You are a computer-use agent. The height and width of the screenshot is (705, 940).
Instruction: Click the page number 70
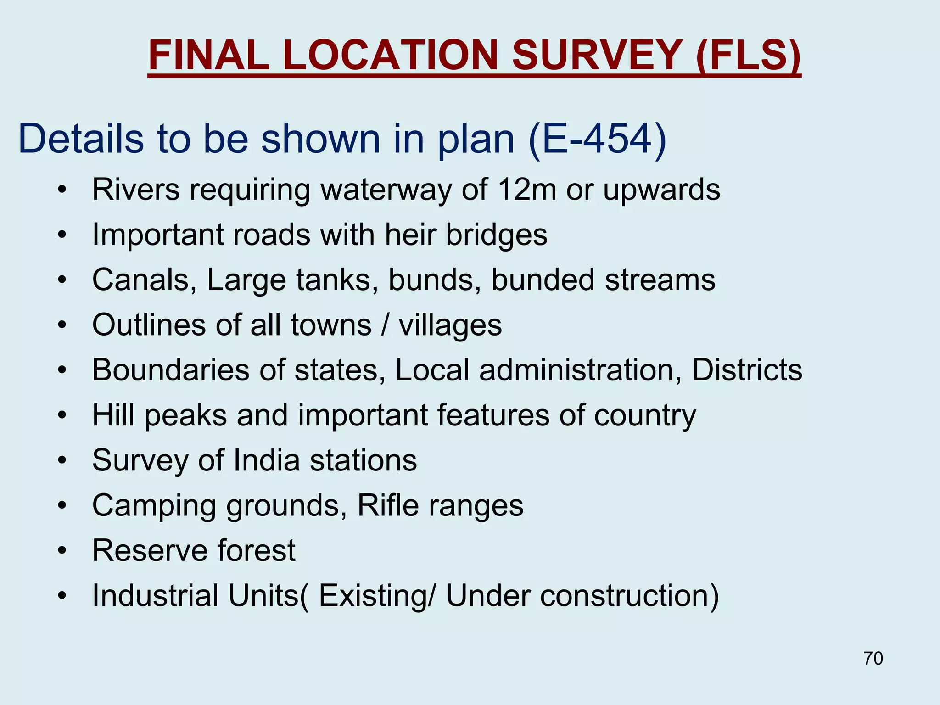873,658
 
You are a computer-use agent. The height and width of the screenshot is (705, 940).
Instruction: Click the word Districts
747,369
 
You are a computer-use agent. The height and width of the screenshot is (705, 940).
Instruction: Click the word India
266,460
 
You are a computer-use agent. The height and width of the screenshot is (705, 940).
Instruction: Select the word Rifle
388,505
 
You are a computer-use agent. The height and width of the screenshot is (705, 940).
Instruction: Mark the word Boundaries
170,369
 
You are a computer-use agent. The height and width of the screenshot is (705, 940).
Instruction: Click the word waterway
386,190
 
